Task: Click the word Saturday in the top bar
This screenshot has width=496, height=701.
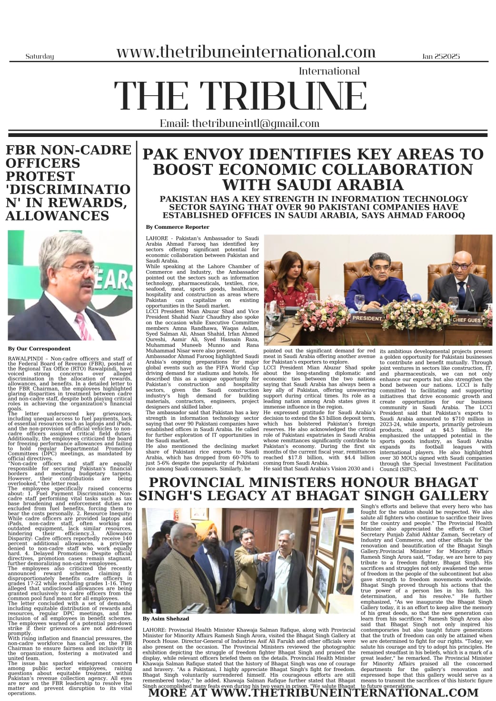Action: pos(40,57)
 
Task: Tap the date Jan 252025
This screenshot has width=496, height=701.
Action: pos(441,57)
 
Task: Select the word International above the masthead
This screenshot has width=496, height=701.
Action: pos(329,71)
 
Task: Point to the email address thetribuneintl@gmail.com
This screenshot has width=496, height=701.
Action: pos(239,124)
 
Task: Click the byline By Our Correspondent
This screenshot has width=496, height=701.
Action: pos(33,349)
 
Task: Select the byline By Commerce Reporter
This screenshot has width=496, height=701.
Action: pos(178,227)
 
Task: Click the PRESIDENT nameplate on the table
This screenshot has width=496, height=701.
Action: pos(367,318)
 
